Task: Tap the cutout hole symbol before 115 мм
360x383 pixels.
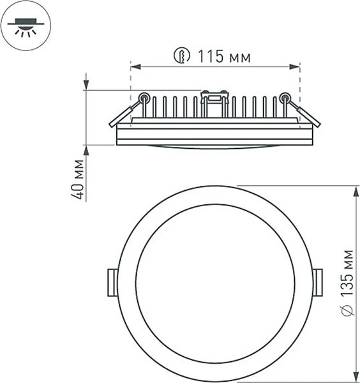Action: click(x=182, y=57)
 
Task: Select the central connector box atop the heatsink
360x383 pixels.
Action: click(x=214, y=98)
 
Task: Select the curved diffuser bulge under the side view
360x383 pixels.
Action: click(x=214, y=147)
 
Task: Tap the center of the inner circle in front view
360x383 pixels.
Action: click(x=215, y=283)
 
